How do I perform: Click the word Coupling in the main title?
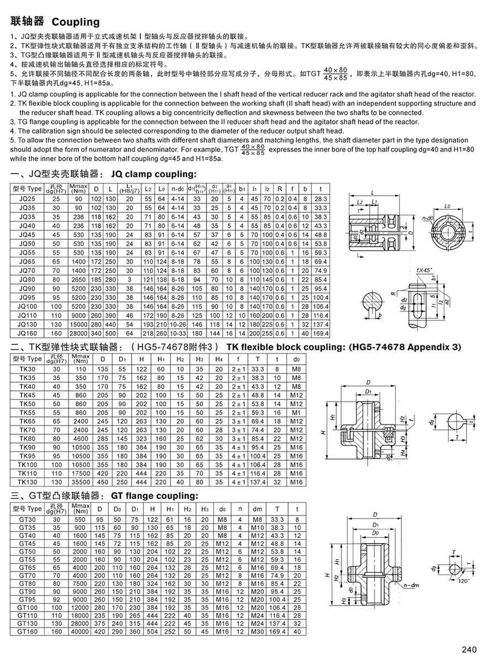[x=76, y=22]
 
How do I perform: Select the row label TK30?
[x=27, y=368]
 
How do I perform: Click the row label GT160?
[x=27, y=631]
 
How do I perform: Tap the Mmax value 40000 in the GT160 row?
[x=81, y=631]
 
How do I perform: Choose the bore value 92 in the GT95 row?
[x=56, y=599]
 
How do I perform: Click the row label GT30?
[x=27, y=519]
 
